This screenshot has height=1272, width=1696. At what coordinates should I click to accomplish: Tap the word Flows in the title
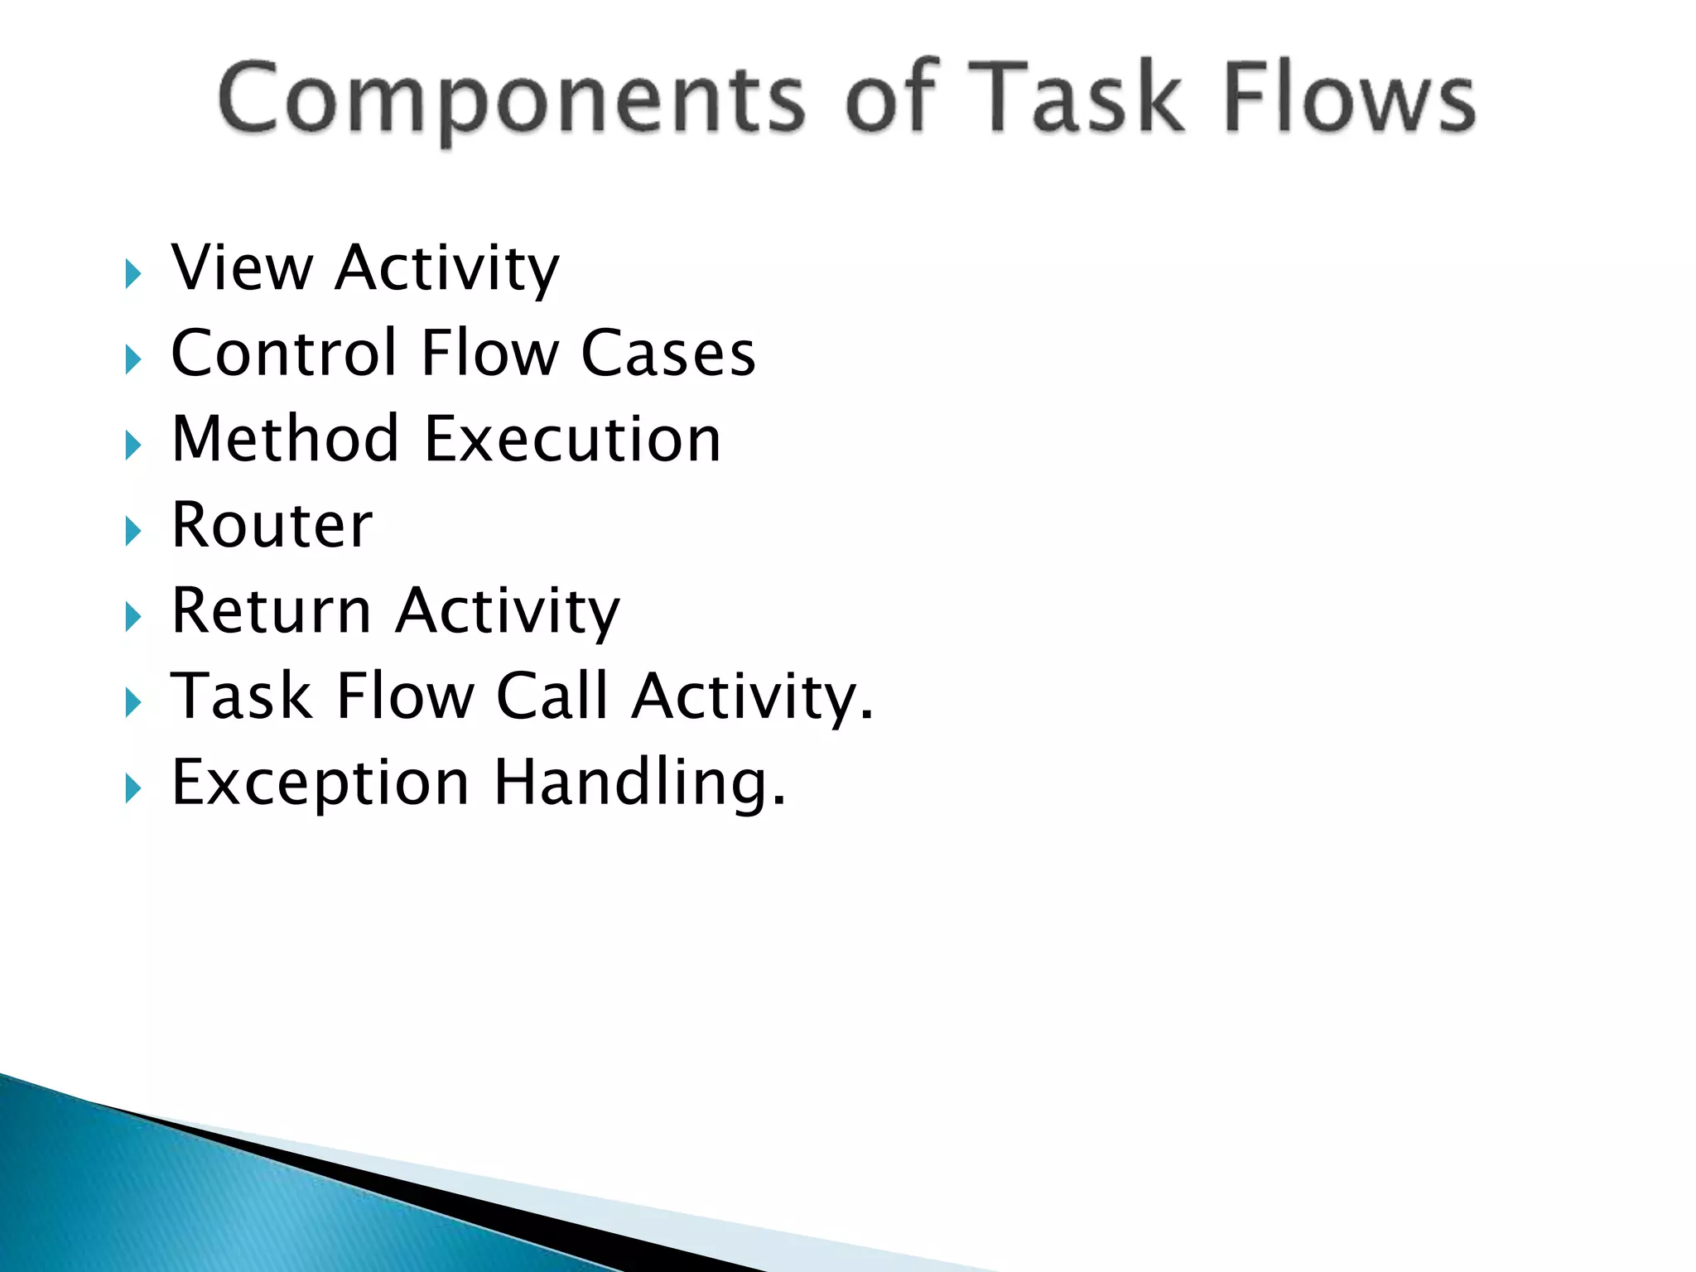tap(1349, 99)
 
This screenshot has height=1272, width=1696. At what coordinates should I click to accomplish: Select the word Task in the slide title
tap(1076, 99)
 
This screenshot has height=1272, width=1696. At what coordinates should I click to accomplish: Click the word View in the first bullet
tap(242, 268)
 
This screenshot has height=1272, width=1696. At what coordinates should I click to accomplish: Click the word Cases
tap(667, 354)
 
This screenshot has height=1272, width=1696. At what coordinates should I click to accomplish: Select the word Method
tap(286, 439)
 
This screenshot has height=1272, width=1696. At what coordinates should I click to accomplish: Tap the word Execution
tap(572, 439)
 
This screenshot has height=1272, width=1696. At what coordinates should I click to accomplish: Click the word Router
tap(272, 526)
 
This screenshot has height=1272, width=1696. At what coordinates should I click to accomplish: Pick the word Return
tap(271, 611)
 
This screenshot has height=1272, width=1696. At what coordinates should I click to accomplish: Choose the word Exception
tap(320, 783)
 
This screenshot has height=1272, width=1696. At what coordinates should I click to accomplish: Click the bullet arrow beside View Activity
tap(133, 274)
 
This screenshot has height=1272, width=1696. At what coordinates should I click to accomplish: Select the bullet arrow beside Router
tap(133, 532)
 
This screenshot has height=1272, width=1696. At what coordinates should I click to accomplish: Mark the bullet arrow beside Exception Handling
tap(133, 788)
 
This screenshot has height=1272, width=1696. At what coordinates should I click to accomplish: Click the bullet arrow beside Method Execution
tap(133, 446)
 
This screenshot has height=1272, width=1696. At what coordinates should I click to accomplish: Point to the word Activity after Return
tap(508, 611)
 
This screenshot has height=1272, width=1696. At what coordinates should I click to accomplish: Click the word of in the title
tap(889, 99)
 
